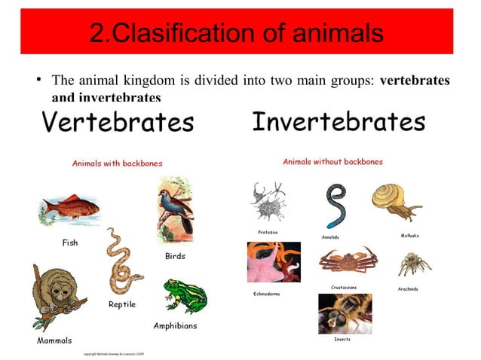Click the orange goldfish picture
pos(69,209)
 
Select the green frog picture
pos(184,296)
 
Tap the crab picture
pos(346,261)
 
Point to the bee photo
pos(345,313)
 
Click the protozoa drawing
pos(268,201)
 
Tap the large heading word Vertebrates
pos(118,121)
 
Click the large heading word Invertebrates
pos(339,121)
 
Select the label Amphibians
pos(176,326)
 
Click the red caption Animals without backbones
pos(332,161)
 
